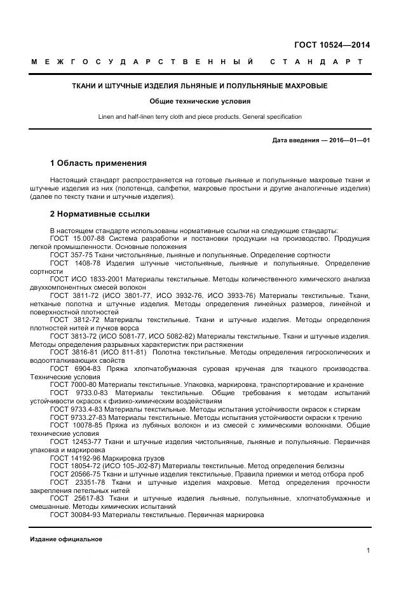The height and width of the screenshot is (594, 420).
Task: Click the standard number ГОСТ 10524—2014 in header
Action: [332, 44]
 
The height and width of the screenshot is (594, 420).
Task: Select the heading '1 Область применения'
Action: [98, 163]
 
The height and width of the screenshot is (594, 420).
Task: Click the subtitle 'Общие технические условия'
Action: [200, 101]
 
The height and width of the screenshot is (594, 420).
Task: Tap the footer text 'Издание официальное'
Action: [66, 539]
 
